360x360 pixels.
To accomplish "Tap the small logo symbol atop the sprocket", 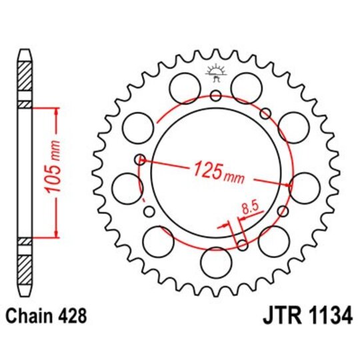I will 215,71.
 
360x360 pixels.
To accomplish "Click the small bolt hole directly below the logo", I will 215,96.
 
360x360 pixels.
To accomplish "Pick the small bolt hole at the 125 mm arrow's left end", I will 140,159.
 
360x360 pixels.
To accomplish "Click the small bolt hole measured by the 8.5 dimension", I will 242,245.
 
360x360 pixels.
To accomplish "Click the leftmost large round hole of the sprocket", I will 126,187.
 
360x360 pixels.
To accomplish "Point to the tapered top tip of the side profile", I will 24,52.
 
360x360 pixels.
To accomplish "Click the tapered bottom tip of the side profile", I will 24,291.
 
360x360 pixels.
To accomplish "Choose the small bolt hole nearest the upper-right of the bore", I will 265,112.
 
